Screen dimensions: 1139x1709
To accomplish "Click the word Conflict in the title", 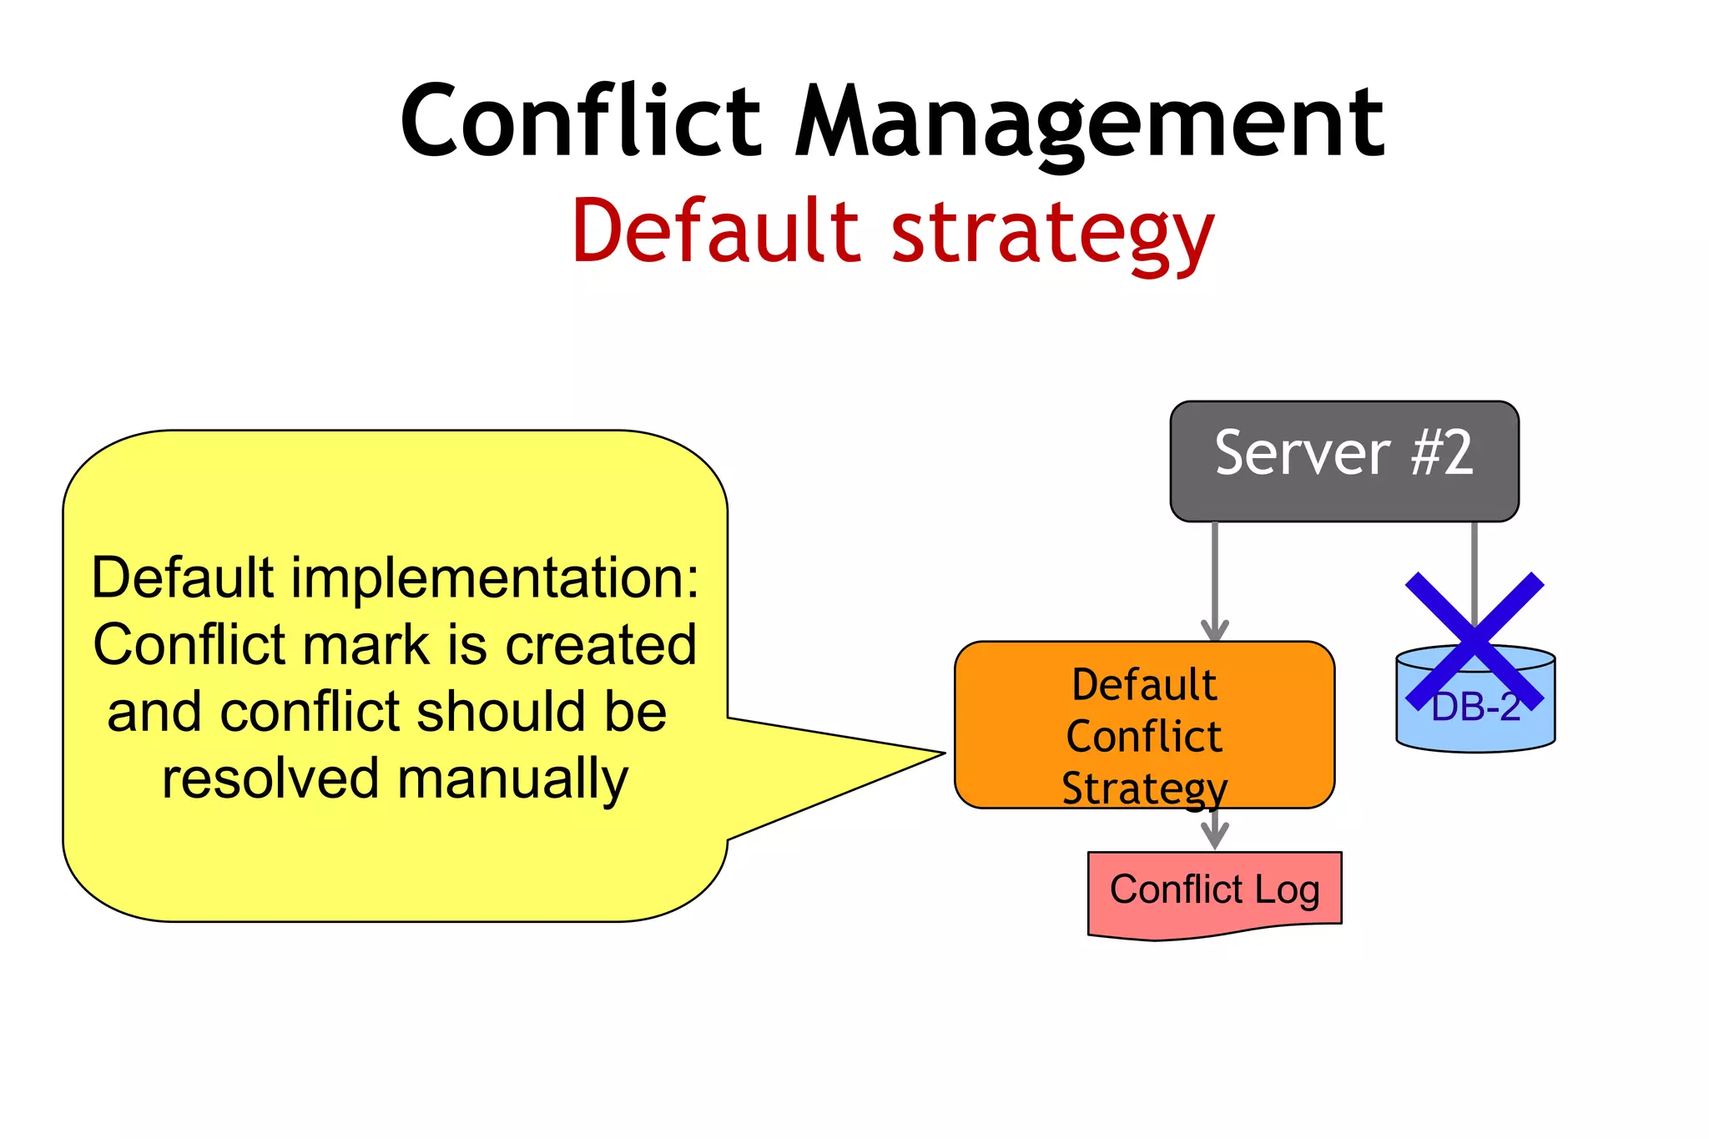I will pos(580,121).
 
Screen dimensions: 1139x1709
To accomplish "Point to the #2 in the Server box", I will pos(1442,453).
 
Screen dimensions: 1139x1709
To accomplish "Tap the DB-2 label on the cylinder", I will pos(1475,708).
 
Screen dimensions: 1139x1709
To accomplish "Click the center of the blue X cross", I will pos(1475,641).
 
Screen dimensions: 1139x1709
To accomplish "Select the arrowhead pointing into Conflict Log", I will pos(1215,837).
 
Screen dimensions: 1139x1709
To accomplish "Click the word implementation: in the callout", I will pos(494,577).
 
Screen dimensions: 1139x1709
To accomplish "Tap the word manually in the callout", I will pos(512,779).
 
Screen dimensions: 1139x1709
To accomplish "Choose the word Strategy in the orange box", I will pos(1144,788).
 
